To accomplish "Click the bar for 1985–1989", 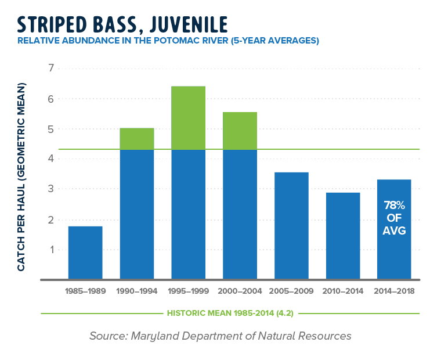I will (85, 253).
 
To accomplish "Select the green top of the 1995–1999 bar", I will (188, 118).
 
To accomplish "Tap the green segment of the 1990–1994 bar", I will (137, 139).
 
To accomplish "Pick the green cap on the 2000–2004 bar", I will (240, 131).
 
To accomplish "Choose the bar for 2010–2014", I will (343, 235).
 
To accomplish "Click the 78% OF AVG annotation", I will (395, 218).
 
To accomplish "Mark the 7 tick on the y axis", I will (50, 69).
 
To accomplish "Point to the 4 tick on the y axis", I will (50, 159).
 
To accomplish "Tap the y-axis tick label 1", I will (50, 250).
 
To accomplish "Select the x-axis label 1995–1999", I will (188, 291).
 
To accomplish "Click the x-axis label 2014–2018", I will (395, 291).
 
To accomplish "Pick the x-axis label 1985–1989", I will (85, 291).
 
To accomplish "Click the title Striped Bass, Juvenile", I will (122, 24).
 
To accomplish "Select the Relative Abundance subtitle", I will (168, 41).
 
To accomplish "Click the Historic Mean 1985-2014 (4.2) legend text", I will (230, 313).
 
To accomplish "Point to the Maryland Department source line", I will (220, 336).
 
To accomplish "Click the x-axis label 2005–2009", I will (291, 291).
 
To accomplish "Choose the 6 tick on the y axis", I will (50, 99).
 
